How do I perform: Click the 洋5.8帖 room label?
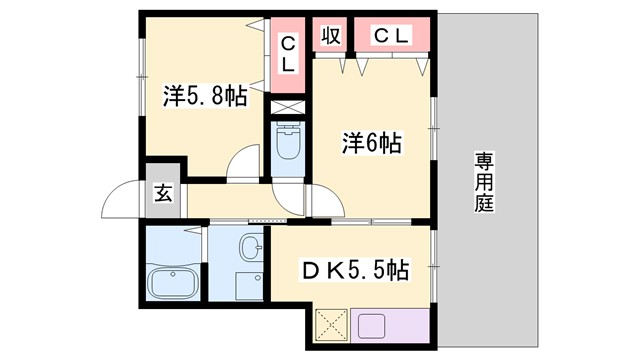(204, 96)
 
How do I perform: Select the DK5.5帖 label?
(356, 269)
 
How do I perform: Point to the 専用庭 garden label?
(485, 181)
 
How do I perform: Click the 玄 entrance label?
(162, 194)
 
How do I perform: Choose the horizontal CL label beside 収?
(391, 36)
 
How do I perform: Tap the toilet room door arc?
(286, 197)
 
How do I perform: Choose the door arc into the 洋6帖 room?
(324, 200)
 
